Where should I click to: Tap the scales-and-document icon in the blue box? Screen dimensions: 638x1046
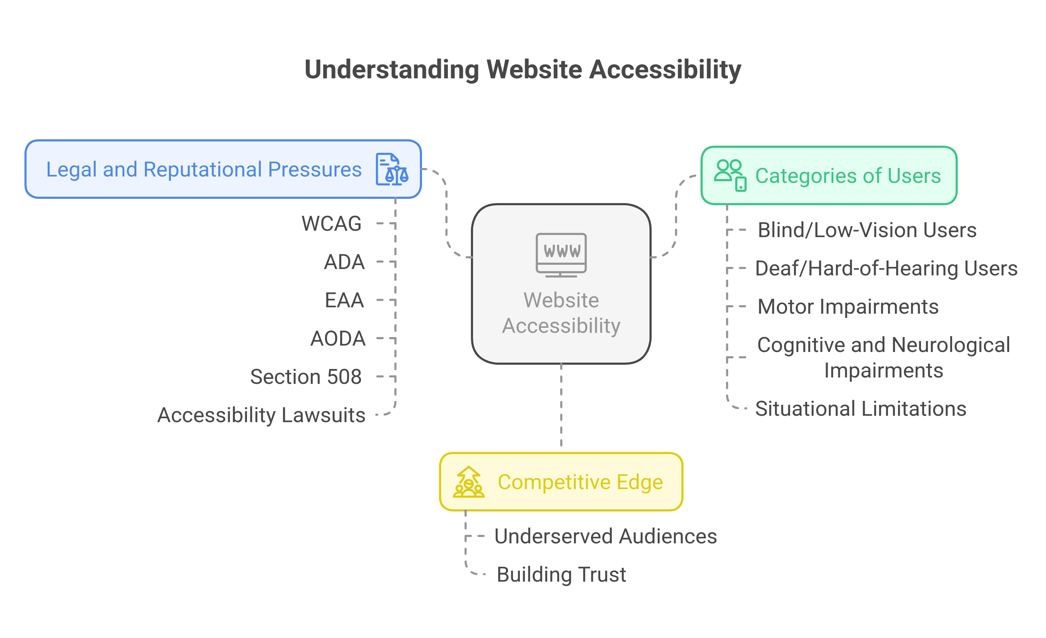click(392, 169)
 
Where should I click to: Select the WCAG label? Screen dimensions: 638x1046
click(332, 223)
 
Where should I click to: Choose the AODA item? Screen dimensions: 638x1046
click(338, 338)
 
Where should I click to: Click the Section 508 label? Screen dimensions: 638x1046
click(306, 377)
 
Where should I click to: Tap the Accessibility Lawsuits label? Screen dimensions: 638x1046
click(261, 415)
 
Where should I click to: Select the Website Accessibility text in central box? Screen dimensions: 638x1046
click(561, 313)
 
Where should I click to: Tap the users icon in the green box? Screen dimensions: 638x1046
click(730, 175)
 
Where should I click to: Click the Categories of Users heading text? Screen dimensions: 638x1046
click(848, 175)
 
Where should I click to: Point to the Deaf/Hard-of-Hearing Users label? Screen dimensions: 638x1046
click(886, 268)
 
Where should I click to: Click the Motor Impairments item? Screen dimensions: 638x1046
click(848, 307)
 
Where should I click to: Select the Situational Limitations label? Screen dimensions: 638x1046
click(860, 409)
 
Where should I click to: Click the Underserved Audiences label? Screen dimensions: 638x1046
click(605, 536)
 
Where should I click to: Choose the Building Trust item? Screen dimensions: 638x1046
click(561, 574)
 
